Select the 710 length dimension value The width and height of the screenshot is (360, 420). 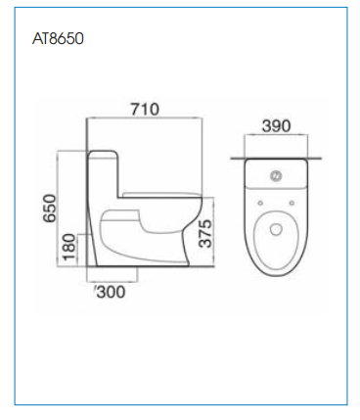pos(145,109)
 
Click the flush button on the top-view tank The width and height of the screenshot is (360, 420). pos(276,177)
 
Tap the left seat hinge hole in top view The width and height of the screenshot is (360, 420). pos(261,203)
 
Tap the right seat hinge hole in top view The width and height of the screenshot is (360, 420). pos(291,203)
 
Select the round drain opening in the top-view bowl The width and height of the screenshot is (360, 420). pos(276,231)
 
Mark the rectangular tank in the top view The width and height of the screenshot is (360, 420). pos(276,175)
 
